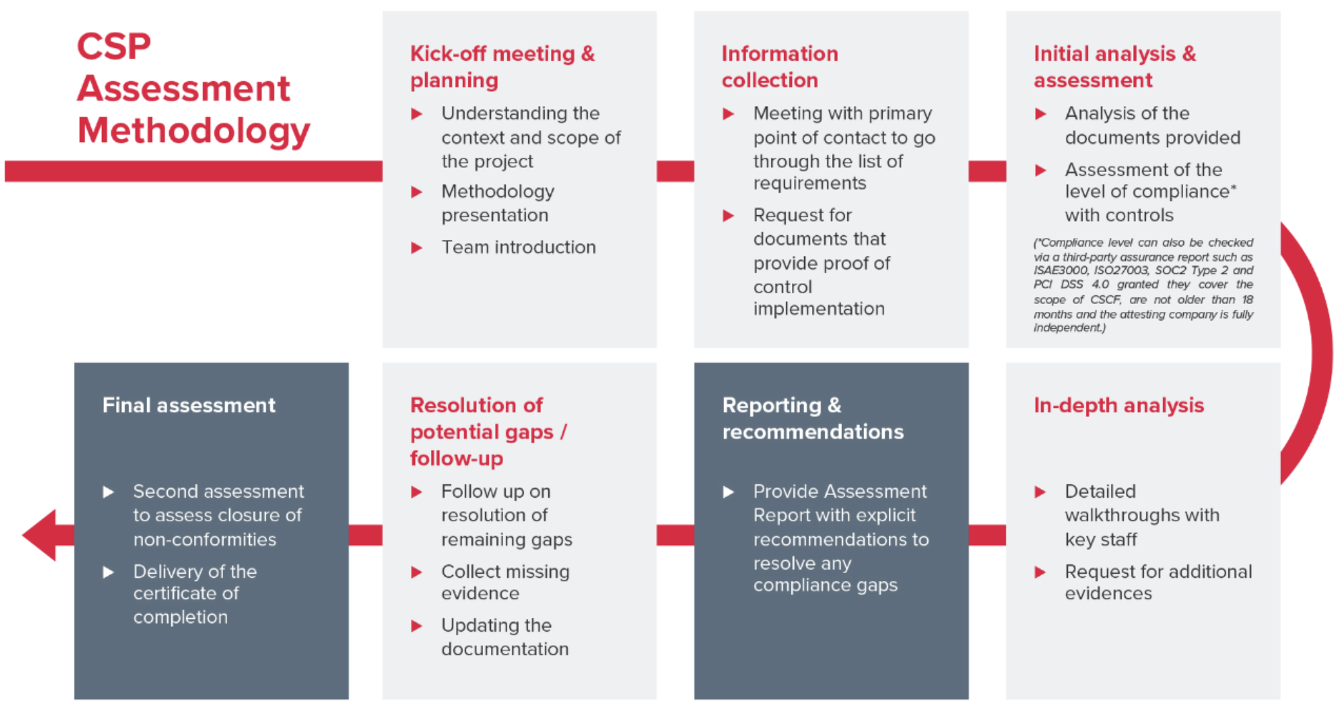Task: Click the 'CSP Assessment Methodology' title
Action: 193,89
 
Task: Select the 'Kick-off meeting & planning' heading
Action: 503,67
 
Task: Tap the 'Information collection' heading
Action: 780,67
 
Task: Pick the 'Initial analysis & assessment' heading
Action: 1115,67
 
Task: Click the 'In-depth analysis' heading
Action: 1119,405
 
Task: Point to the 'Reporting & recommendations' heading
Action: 813,418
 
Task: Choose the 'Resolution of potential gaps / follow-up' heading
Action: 489,432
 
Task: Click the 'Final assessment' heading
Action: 189,405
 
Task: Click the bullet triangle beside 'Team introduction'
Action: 417,248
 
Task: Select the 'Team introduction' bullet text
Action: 519,247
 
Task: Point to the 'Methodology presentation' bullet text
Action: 498,203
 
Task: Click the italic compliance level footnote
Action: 1143,285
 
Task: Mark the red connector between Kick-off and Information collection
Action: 675,171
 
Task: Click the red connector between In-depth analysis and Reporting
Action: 987,535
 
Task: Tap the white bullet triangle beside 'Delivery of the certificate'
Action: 109,572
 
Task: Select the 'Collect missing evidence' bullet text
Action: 506,582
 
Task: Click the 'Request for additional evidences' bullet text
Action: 1158,582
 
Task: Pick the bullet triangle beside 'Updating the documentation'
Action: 417,626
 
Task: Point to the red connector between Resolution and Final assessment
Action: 366,535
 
